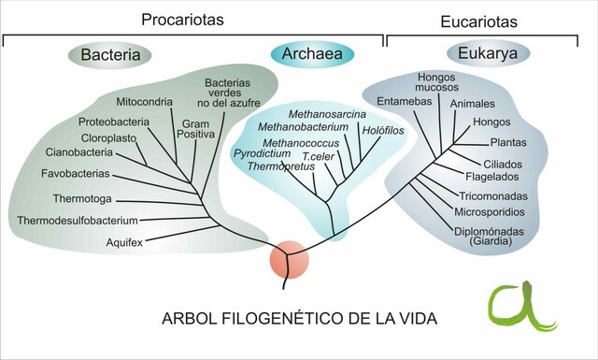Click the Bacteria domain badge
(110, 55)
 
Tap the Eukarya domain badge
(488, 53)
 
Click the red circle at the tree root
(289, 261)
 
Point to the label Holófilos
(383, 130)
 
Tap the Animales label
(472, 103)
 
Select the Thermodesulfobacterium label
(78, 221)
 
